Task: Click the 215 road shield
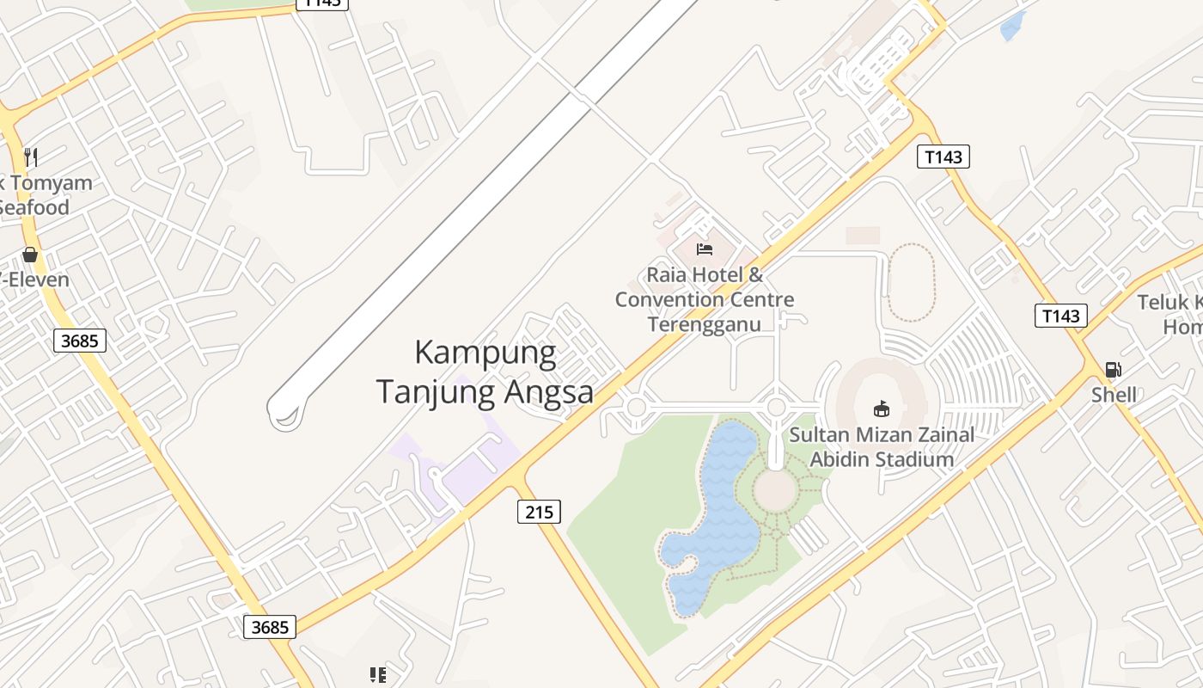pos(539,512)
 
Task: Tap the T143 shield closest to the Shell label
pos(1060,316)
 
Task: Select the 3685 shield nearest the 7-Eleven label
pos(79,341)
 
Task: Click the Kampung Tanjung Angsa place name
pos(485,372)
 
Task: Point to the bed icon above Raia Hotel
pos(705,249)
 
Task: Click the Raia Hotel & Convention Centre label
pos(705,299)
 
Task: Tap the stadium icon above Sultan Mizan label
pos(882,408)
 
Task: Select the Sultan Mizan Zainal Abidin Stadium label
pos(882,446)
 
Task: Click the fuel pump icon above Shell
pos(1113,370)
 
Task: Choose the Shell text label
pos(1114,395)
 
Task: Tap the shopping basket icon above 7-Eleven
pos(30,255)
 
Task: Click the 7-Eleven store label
pos(34,279)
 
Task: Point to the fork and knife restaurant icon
pos(31,157)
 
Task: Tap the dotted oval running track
pos(910,282)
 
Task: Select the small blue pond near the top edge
pos(1013,26)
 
